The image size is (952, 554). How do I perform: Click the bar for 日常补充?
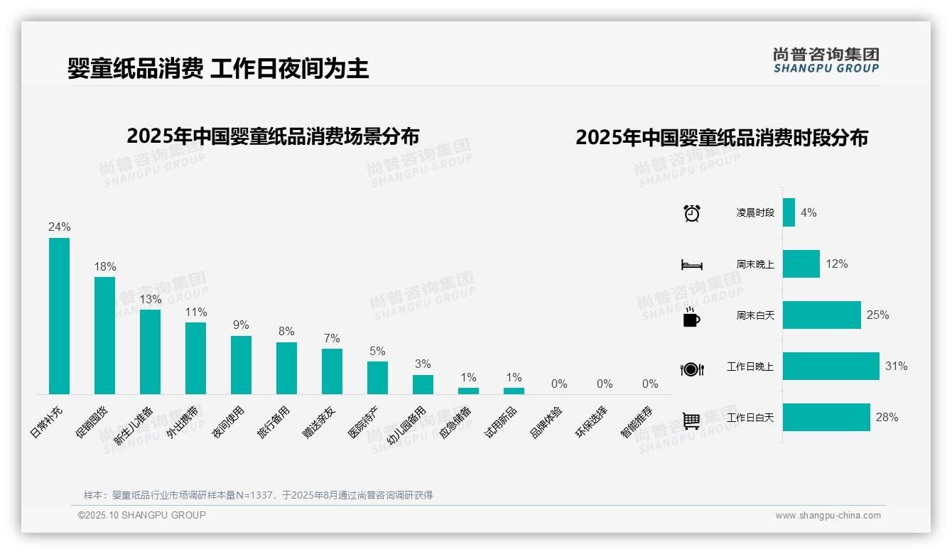59,315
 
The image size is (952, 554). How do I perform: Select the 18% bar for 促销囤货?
104,335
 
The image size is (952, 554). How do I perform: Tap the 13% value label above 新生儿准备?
150,299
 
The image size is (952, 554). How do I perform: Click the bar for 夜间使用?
241,364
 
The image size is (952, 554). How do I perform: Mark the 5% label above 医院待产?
377,351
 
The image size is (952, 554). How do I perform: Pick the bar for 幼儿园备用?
423,384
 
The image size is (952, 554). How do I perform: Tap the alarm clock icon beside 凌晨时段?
691,213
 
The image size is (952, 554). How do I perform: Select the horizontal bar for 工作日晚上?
831,366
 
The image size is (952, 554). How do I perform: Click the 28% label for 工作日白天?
887,418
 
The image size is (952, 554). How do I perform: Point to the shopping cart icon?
691,421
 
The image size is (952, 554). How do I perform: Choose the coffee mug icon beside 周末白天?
691,317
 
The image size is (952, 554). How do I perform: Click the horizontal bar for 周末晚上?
801,264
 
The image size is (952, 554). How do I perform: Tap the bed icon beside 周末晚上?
691,265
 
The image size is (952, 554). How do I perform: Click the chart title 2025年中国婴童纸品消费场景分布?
273,136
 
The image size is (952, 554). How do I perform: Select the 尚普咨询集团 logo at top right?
826,60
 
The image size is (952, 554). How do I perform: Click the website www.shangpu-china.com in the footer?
828,516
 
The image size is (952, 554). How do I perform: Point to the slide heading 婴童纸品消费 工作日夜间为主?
218,69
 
